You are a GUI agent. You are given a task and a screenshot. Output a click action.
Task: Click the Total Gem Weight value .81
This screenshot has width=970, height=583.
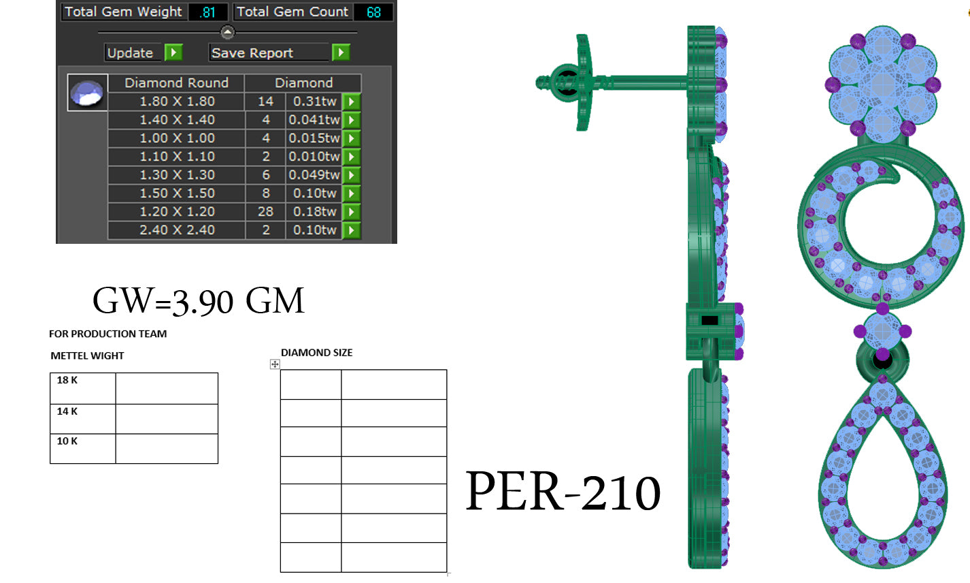[x=207, y=12]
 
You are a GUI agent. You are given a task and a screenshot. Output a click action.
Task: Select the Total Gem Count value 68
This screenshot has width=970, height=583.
[x=373, y=12]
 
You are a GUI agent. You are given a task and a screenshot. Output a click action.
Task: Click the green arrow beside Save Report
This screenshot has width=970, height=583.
[x=340, y=52]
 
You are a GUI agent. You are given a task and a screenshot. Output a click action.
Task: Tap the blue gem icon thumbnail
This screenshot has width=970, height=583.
[x=88, y=93]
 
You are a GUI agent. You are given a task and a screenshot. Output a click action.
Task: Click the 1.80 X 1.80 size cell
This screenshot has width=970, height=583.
[x=176, y=101]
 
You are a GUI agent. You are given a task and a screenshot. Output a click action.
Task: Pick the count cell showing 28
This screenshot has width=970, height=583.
[x=265, y=212]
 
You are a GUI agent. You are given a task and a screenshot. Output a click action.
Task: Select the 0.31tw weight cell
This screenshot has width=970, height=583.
[x=314, y=101]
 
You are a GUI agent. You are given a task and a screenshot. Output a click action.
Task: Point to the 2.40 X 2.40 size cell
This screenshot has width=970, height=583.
[x=176, y=230]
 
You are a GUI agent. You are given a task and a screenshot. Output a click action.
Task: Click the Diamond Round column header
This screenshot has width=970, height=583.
[x=176, y=83]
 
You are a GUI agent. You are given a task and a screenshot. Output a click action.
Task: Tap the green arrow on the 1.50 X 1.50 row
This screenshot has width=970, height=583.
[x=351, y=193]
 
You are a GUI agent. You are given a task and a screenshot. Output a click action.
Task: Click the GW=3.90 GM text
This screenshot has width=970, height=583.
[x=198, y=300]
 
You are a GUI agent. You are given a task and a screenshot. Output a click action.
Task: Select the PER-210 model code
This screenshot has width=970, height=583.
[x=563, y=492]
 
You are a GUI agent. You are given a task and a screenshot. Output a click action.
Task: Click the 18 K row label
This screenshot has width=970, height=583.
[x=67, y=380]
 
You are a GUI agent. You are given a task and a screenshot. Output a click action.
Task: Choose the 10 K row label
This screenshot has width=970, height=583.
[x=67, y=441]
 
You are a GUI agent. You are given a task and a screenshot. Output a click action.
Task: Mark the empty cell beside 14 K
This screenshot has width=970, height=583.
[x=167, y=418]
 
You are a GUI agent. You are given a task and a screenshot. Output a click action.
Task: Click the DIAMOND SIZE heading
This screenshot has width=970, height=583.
[x=316, y=353]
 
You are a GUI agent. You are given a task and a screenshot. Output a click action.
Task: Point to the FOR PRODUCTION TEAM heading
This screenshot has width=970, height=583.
[x=107, y=334]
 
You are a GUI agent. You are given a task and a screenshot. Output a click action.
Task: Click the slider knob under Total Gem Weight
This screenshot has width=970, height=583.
[x=228, y=32]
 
